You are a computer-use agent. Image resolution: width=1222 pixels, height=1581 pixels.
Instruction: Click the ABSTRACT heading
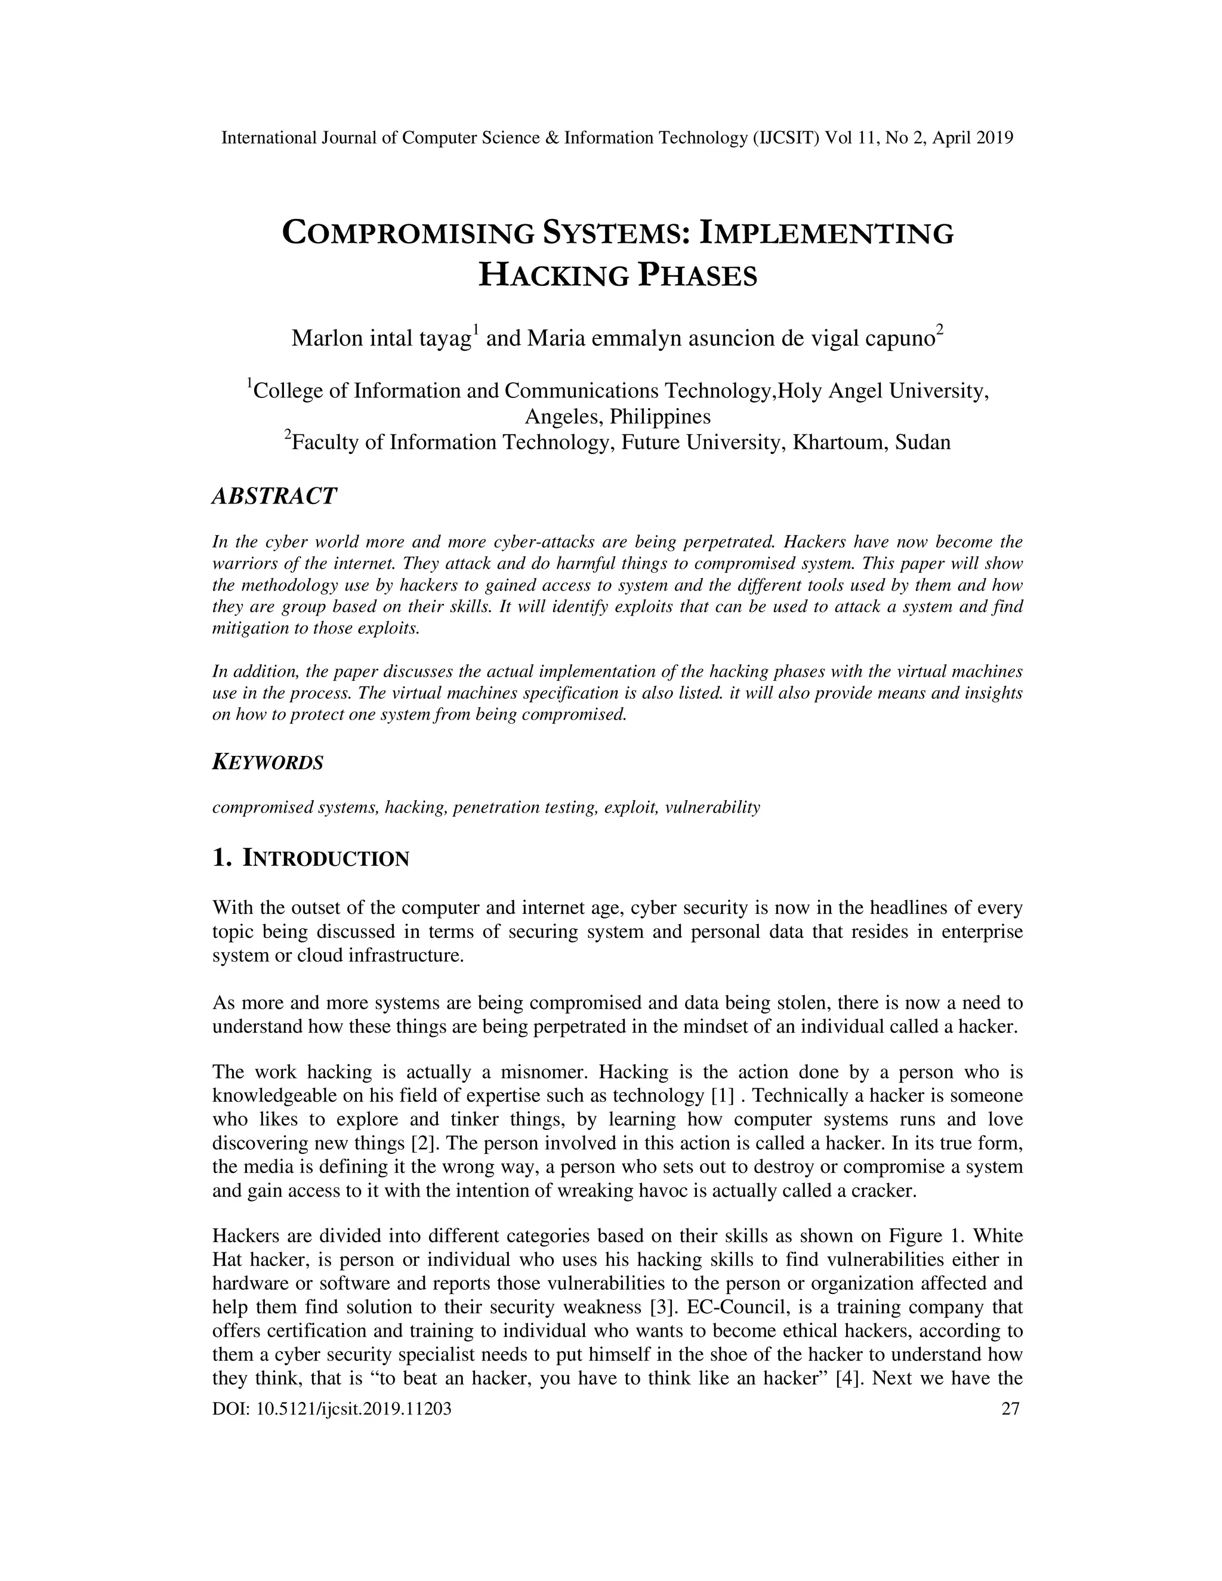pyautogui.click(x=274, y=496)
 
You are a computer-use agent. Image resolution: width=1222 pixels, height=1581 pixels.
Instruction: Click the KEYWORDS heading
pyautogui.click(x=267, y=762)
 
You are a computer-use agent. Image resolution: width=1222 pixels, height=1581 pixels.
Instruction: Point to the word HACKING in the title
pyautogui.click(x=553, y=276)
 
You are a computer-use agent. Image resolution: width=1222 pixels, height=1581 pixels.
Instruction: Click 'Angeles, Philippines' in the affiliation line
pyautogui.click(x=617, y=417)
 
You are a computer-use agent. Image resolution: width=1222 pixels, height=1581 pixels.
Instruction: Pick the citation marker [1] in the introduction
pyautogui.click(x=723, y=1096)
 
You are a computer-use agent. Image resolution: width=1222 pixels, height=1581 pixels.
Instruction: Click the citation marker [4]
pyautogui.click(x=848, y=1378)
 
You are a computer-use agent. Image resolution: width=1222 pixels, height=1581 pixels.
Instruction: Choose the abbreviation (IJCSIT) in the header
pyautogui.click(x=786, y=138)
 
